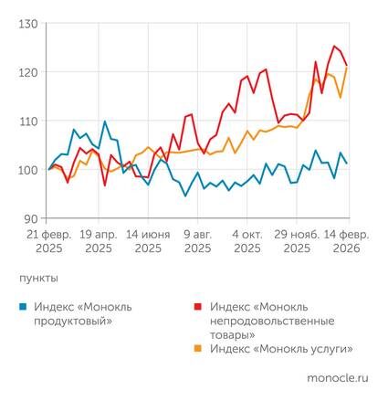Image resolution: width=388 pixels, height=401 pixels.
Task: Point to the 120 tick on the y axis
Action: pos(26,72)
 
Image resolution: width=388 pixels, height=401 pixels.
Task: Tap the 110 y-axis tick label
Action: pos(26,121)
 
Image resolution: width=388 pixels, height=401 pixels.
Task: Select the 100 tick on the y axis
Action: pos(26,170)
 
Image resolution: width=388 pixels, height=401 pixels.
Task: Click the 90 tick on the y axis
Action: pos(28,218)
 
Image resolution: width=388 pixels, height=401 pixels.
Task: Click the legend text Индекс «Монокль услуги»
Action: pos(280,349)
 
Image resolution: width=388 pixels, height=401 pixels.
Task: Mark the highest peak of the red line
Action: pos(335,47)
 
